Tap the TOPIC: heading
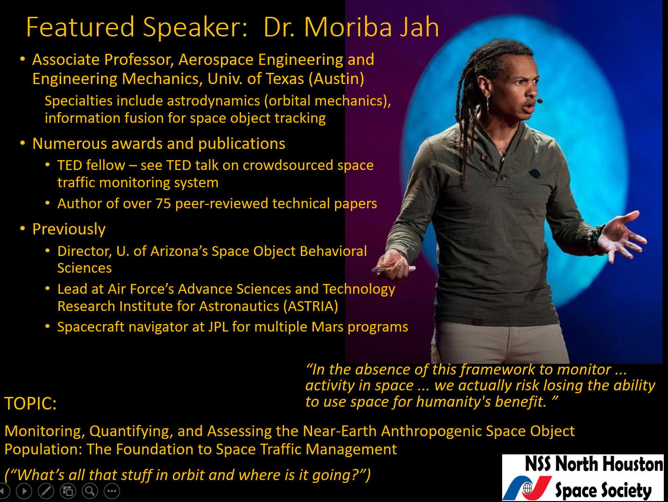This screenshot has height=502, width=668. click(30, 403)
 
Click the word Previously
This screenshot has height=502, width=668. click(69, 229)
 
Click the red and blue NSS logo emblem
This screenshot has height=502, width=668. click(527, 488)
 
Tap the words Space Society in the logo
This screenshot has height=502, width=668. click(603, 490)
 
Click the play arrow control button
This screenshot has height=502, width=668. click(24, 491)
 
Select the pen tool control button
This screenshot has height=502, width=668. click(46, 491)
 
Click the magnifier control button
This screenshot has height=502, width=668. click(90, 491)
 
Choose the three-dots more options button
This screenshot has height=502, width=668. click(112, 491)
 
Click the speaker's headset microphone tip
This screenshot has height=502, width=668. click(540, 100)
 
